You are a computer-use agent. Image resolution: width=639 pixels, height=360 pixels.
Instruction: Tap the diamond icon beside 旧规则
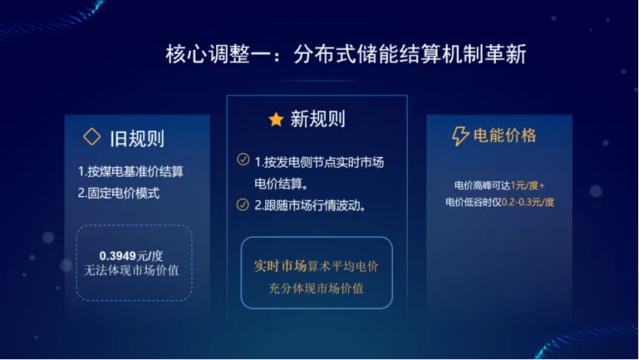[x=92, y=137]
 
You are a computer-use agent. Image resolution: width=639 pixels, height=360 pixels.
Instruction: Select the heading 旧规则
[x=137, y=138]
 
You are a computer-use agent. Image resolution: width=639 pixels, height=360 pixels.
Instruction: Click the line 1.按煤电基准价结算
[x=130, y=171]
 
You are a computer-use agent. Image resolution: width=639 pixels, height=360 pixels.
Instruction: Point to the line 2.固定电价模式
[x=118, y=193]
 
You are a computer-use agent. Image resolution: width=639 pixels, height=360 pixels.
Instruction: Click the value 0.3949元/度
[x=131, y=255]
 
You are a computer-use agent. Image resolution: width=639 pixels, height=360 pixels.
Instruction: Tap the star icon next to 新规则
[x=276, y=119]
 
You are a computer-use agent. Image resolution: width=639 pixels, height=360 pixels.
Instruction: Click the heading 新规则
[x=318, y=119]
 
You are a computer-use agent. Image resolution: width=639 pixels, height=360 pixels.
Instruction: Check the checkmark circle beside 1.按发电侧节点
[x=243, y=160]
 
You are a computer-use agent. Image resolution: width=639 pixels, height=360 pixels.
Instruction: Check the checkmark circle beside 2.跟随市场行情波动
[x=243, y=205]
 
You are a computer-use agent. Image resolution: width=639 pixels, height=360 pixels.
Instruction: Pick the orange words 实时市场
[x=280, y=266]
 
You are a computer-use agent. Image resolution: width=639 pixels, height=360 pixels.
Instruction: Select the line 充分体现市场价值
[x=316, y=288]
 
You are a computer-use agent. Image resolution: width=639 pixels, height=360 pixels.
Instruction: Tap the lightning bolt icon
[x=460, y=137]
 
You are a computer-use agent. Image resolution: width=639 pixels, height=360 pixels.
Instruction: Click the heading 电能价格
[x=505, y=136]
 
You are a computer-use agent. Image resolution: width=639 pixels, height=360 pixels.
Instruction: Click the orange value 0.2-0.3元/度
[x=528, y=202]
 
